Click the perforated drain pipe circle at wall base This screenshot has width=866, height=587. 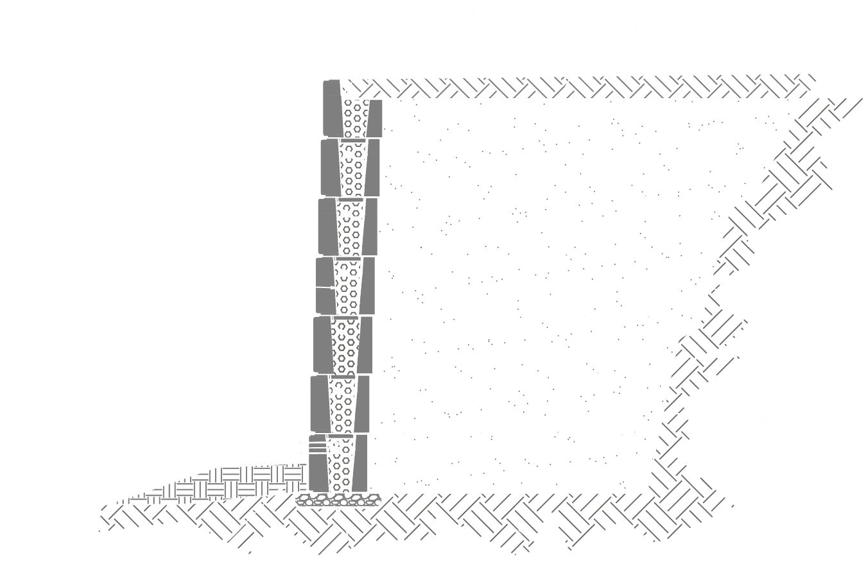click(x=334, y=448)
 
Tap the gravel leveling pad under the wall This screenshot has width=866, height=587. click(x=338, y=500)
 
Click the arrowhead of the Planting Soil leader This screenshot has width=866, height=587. click(x=523, y=77)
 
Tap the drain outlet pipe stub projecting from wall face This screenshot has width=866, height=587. click(x=307, y=448)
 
